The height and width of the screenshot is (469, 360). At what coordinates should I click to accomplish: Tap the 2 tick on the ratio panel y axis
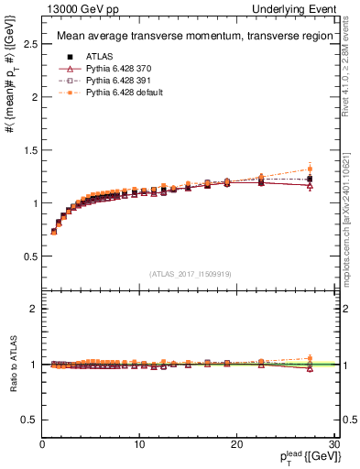(35, 309)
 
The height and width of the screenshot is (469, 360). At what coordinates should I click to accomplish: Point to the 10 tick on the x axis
(139, 445)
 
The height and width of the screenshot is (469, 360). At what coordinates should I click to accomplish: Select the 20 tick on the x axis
(236, 445)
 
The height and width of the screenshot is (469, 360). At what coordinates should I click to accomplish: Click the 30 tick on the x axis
(333, 445)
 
